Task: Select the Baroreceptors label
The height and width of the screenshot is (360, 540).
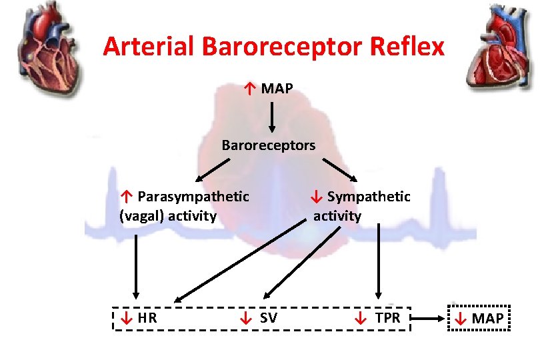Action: (x=269, y=145)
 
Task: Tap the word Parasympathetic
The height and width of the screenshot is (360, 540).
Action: (x=193, y=196)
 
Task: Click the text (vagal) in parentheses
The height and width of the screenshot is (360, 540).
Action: (x=141, y=215)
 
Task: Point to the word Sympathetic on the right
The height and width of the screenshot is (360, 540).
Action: (x=369, y=196)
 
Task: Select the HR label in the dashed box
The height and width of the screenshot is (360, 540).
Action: (x=147, y=318)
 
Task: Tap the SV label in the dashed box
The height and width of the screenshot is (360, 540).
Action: (x=269, y=318)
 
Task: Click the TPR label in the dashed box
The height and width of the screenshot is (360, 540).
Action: (x=387, y=318)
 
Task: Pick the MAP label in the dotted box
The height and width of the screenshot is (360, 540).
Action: (x=487, y=319)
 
